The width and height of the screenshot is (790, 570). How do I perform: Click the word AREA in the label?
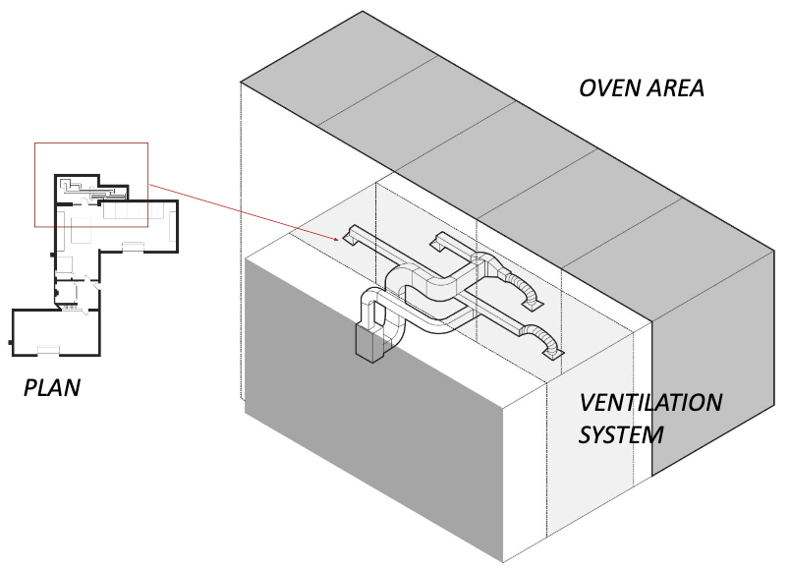[675, 88]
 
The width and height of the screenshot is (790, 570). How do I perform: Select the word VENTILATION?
[650, 403]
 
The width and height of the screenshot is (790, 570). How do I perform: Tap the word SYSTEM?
[621, 435]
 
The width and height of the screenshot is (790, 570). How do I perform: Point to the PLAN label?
[52, 387]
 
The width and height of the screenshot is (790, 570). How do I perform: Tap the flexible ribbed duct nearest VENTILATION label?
[539, 338]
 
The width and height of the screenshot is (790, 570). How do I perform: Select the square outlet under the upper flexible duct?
[533, 304]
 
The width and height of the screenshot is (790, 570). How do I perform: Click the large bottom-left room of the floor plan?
[56, 332]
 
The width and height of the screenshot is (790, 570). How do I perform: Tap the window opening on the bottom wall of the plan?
[48, 349]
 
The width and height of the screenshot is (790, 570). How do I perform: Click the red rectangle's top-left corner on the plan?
[34, 143]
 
